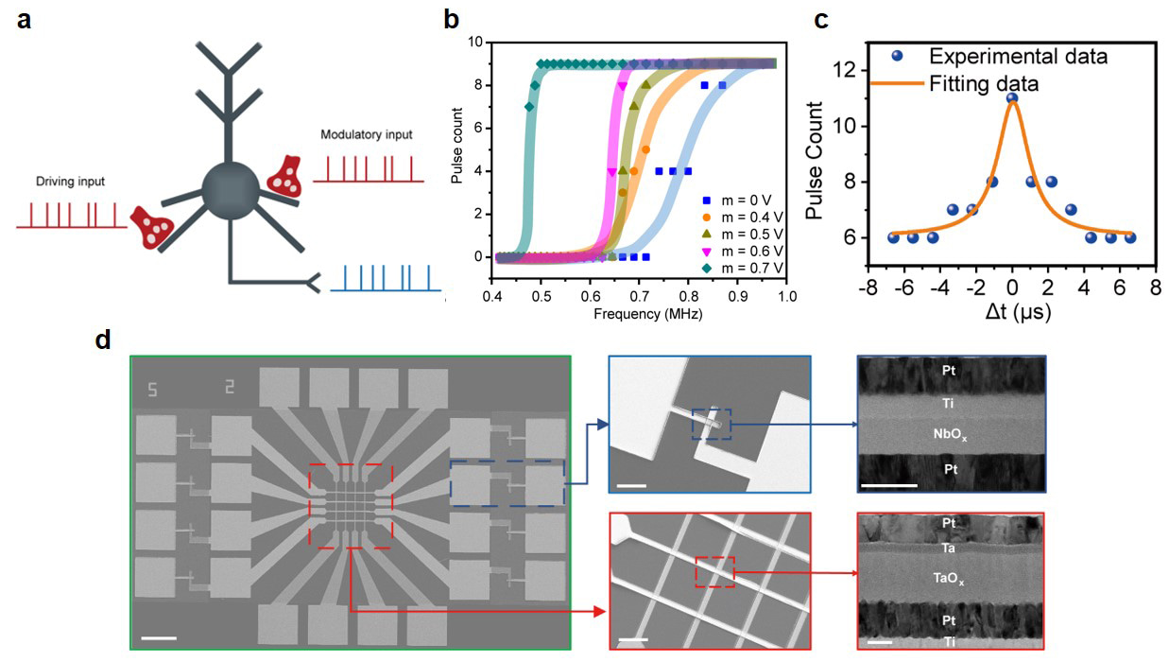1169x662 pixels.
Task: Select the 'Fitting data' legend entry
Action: click(x=985, y=83)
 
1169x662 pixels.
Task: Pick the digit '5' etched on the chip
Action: click(x=151, y=389)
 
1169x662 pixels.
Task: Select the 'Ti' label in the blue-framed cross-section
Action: click(x=951, y=403)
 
